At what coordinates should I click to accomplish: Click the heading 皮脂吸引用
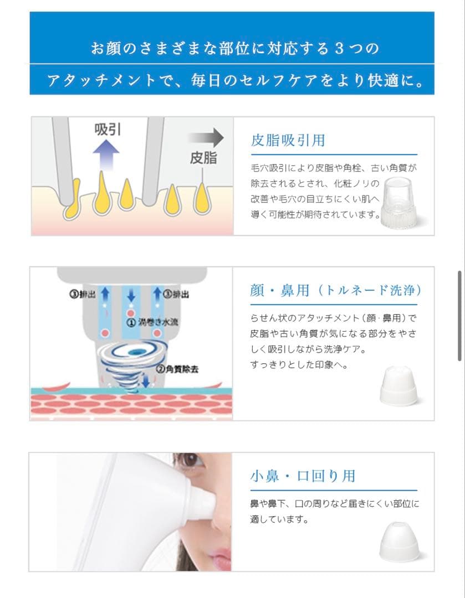(x=288, y=141)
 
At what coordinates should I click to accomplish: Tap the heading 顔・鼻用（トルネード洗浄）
(x=335, y=291)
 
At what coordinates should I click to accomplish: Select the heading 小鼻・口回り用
(x=302, y=476)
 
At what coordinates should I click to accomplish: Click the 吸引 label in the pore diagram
(x=108, y=130)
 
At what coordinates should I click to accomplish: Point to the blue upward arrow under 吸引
(x=106, y=154)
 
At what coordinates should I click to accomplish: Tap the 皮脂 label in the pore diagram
(x=203, y=158)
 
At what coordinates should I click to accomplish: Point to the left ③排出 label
(x=81, y=295)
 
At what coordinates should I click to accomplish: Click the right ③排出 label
(x=176, y=295)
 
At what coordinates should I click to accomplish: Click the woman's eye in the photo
(x=190, y=460)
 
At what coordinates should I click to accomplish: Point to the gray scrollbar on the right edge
(x=459, y=316)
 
